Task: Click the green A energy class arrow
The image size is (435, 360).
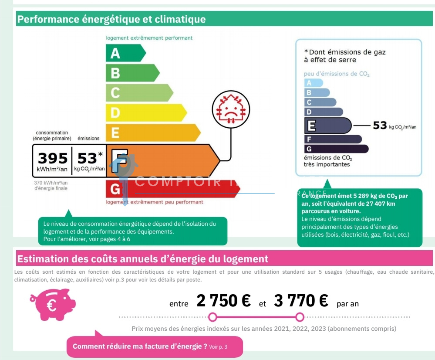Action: tap(124, 53)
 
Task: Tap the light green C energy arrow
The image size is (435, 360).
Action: tap(138, 93)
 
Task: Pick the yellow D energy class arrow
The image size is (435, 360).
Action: tap(145, 112)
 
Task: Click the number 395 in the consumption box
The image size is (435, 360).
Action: tap(52, 158)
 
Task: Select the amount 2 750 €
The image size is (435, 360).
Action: tap(223, 301)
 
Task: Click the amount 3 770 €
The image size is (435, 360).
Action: tap(301, 301)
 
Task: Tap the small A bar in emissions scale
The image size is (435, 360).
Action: tap(313, 83)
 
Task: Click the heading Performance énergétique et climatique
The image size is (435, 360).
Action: tap(111, 20)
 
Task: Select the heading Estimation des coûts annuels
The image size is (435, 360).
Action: tap(142, 259)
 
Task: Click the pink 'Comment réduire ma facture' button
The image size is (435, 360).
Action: tap(154, 346)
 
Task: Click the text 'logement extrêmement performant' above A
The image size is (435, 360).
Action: tap(149, 38)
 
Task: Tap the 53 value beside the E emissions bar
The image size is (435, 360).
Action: tap(380, 126)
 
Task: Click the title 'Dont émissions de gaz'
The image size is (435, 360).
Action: tap(345, 56)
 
